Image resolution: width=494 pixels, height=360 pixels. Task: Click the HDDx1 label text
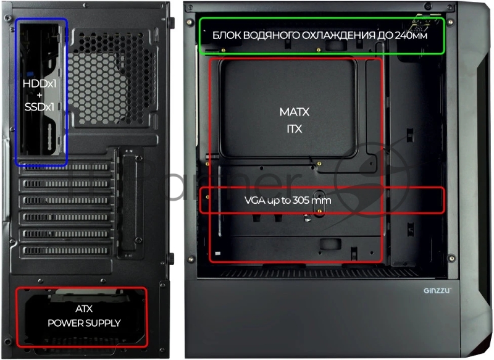coord(40,83)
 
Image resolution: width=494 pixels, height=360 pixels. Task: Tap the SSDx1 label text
coord(40,107)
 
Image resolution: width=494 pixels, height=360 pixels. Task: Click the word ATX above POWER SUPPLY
coord(84,309)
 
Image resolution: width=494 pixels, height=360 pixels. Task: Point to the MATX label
coord(295,112)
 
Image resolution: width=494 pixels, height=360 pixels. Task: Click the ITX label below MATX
coord(295,129)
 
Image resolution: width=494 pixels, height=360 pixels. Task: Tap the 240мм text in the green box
coord(411,35)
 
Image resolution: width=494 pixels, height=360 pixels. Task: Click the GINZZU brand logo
coord(437,290)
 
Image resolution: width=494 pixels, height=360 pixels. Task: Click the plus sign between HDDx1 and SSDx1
coord(40,95)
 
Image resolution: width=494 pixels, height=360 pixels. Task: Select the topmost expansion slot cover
coord(66,167)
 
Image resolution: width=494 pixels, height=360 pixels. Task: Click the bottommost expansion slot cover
coord(66,251)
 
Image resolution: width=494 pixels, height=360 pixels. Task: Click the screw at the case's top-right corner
coord(451,22)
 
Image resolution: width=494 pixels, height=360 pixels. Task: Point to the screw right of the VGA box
coord(451,258)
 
